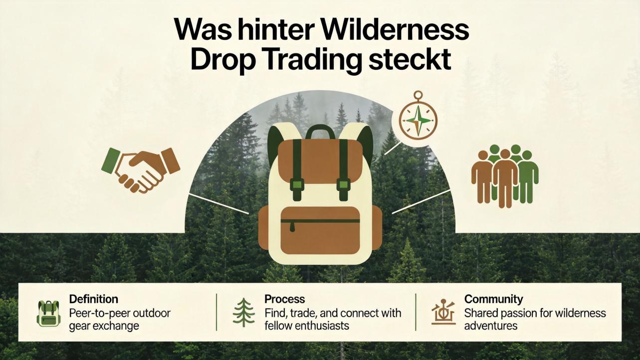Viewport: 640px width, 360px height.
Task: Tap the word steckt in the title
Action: (410, 60)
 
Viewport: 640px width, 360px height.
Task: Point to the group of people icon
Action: (505, 176)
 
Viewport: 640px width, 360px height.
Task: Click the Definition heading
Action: (93, 299)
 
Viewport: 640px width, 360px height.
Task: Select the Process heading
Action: (284, 299)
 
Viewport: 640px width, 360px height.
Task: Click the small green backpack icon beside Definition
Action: (48, 313)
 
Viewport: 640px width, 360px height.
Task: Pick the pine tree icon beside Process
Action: (244, 312)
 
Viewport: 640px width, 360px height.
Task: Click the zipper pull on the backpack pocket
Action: (292, 227)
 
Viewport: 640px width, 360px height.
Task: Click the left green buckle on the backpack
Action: (297, 185)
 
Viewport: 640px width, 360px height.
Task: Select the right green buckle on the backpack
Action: (343, 185)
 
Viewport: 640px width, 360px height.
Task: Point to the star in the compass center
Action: (418, 121)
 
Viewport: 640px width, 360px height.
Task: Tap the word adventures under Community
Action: (490, 326)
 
